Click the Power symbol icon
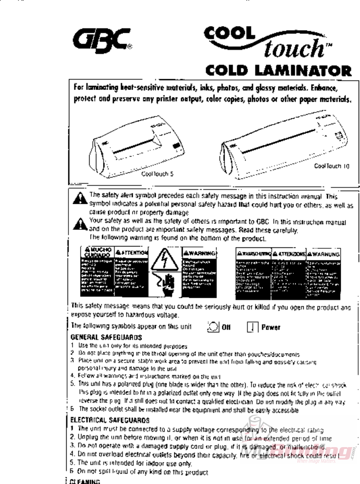click(252, 327)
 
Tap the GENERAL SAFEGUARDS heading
click(107, 336)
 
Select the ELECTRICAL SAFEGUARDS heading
click(110, 421)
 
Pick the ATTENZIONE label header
click(290, 254)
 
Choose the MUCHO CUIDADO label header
click(96, 251)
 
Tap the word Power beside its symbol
click(271, 327)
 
